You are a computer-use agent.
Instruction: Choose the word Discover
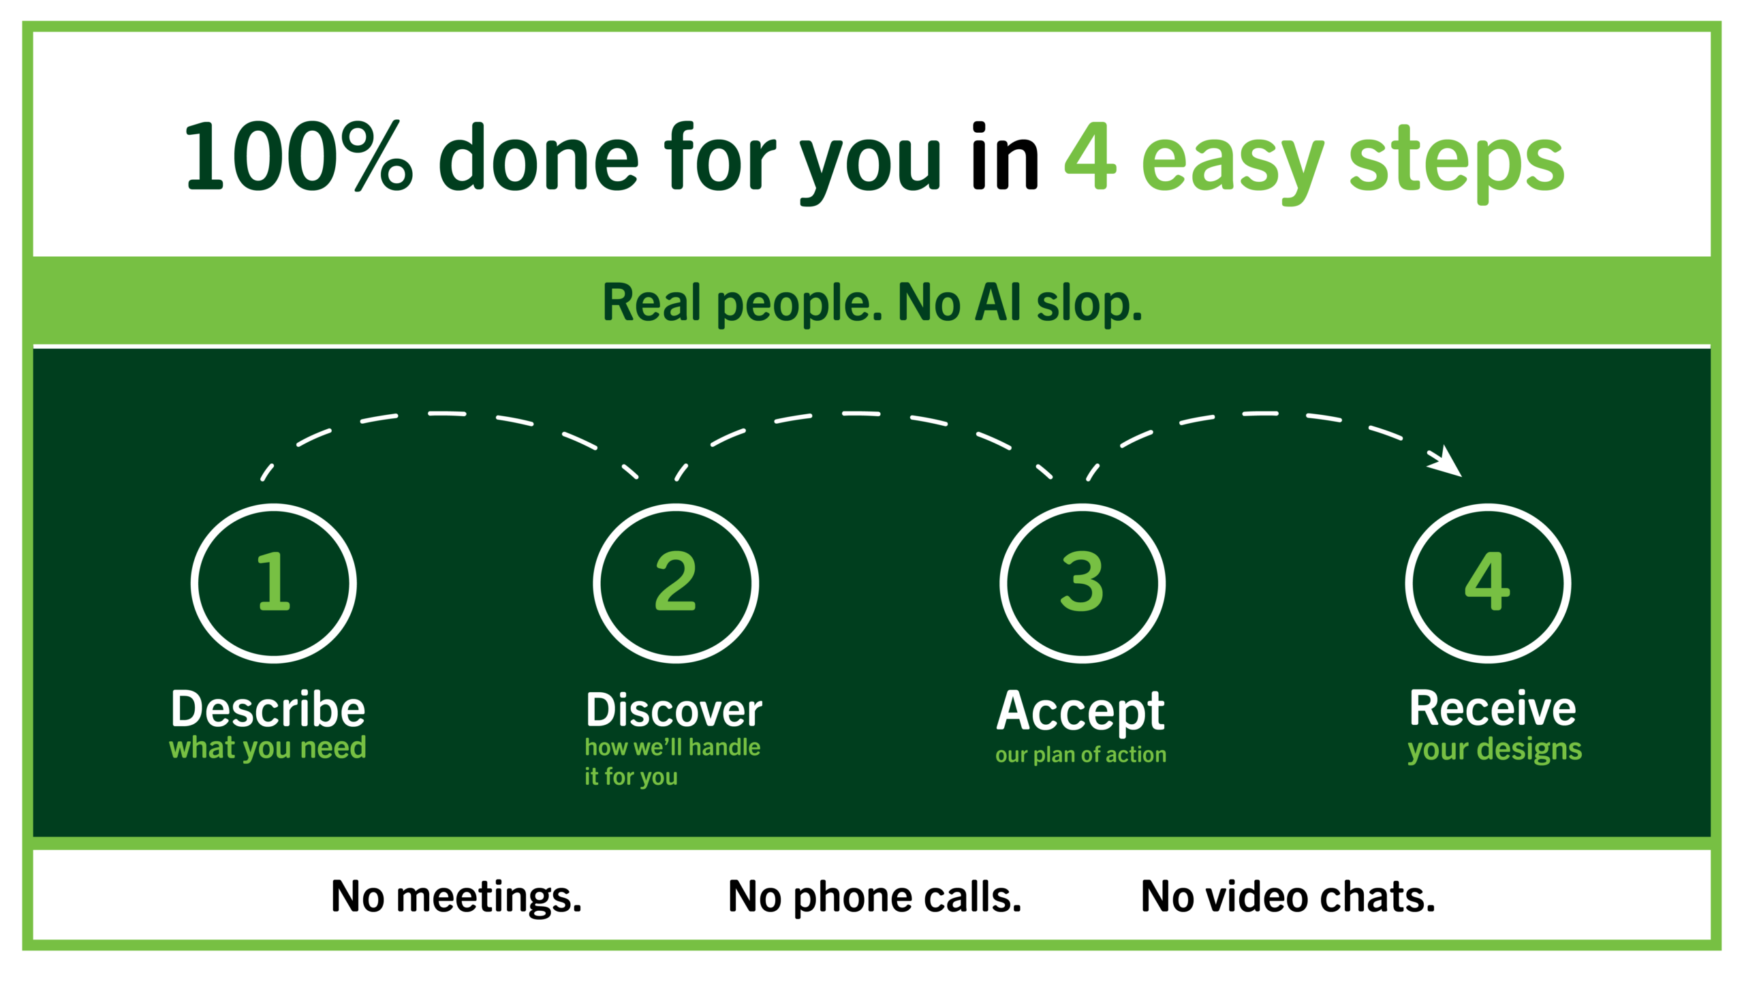(x=674, y=710)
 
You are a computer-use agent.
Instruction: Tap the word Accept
(x=1080, y=713)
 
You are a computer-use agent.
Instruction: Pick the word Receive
(x=1492, y=708)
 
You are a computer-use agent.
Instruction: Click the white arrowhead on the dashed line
(x=1447, y=462)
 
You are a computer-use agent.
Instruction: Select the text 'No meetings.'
(x=456, y=897)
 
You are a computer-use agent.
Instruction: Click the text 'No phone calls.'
(x=875, y=897)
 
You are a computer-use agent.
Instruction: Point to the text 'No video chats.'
(x=1288, y=897)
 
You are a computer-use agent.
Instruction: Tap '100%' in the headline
(x=298, y=157)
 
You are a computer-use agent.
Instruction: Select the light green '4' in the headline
(x=1091, y=157)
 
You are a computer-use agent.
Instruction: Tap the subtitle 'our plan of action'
(x=1080, y=755)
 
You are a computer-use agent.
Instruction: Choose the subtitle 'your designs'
(x=1495, y=750)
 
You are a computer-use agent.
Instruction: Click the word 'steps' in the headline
(x=1457, y=163)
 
